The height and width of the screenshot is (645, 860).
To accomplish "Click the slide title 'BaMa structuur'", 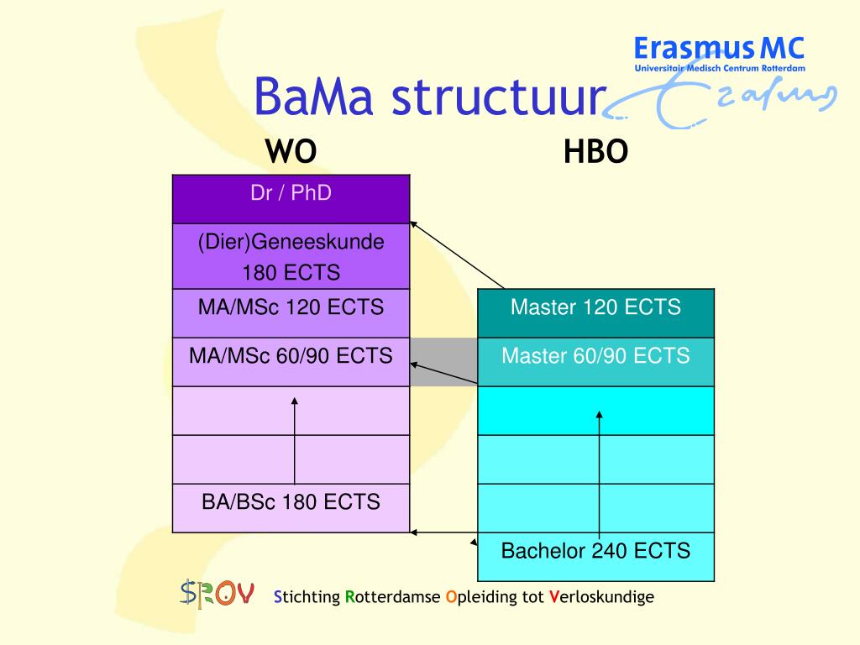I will point(429,98).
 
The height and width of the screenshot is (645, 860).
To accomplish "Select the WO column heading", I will point(291,153).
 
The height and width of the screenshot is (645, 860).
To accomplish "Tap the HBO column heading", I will point(595,153).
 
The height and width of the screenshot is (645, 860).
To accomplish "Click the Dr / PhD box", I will point(291,199).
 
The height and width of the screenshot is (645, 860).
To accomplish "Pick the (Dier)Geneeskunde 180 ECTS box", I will point(291,257).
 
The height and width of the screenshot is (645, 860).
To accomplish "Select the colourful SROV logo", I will point(217,595).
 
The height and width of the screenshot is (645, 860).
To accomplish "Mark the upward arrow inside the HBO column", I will point(599,470).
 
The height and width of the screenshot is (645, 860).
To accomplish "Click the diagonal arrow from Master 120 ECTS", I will point(458,255).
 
